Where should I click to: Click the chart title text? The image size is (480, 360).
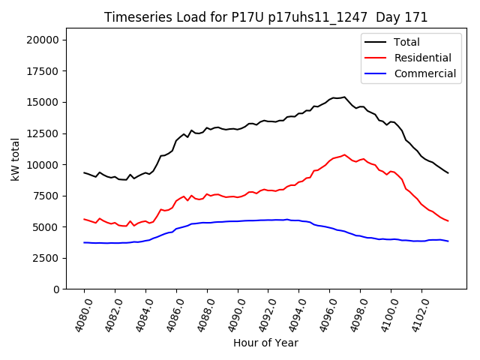pos(265,17)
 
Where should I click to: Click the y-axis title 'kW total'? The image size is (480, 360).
pos(15,158)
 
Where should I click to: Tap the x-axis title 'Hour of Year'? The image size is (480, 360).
pos(265,343)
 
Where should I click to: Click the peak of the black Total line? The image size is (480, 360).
pos(344,97)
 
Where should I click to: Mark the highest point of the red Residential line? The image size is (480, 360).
pos(344,155)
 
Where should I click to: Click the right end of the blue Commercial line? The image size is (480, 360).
pos(448,241)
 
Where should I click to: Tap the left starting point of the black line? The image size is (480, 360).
pos(84,172)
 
